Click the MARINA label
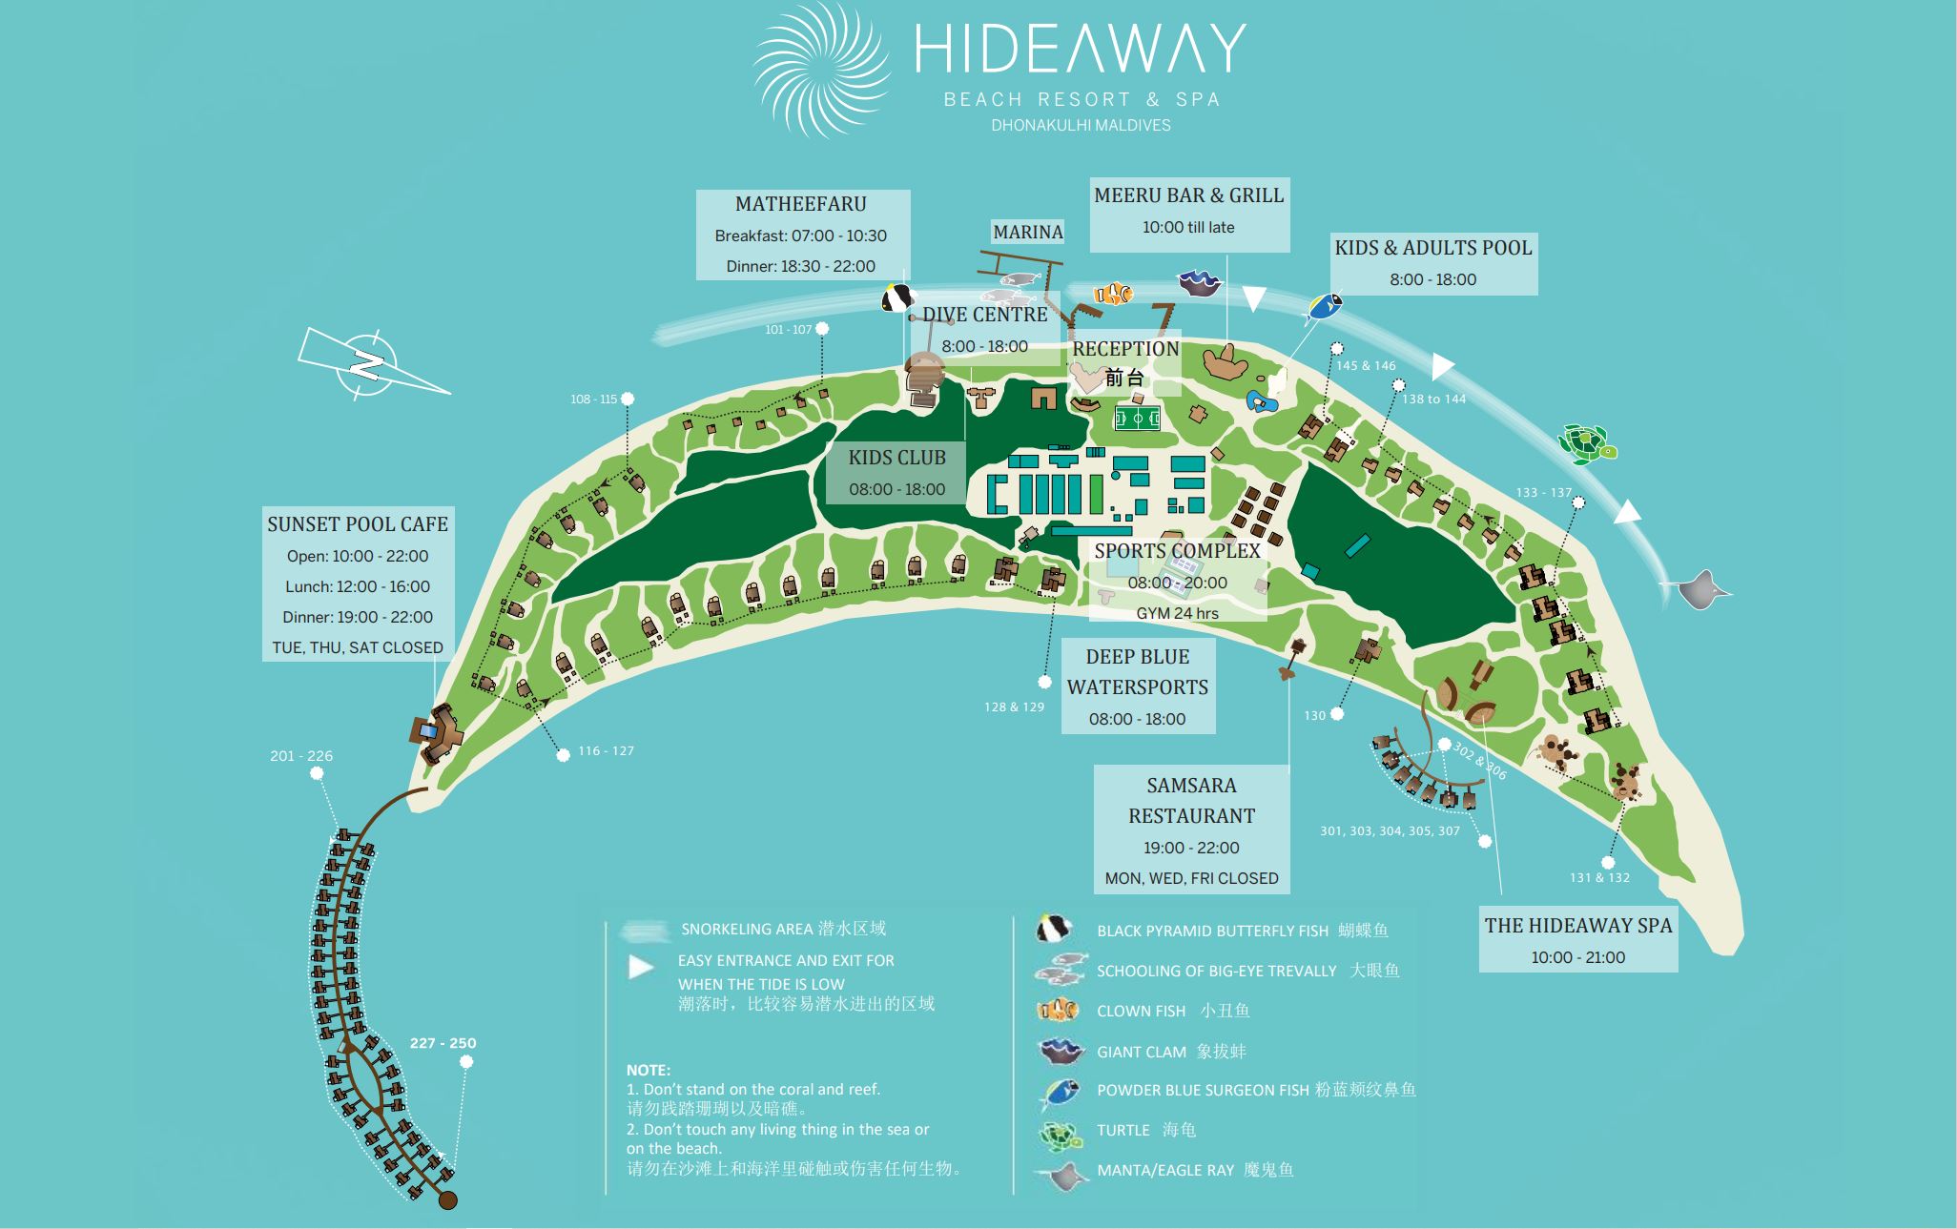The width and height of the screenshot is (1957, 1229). pos(1027,232)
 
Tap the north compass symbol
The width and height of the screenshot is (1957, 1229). pos(366,364)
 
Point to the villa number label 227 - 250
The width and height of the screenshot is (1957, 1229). pos(443,1043)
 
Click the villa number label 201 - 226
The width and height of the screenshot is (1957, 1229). pos(301,756)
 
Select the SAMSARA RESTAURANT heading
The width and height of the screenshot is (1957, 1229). pos(1191,800)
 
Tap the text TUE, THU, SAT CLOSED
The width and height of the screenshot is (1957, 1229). pos(358,647)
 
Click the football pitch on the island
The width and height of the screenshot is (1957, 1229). pos(1137,419)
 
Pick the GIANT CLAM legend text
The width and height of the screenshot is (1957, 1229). pos(1142,1052)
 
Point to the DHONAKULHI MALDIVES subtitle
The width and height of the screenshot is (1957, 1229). pos(1081,125)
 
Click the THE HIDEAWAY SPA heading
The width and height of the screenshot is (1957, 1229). pos(1577,925)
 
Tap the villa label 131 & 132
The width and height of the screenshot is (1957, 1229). pos(1599,877)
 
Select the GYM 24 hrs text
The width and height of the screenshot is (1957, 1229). pos(1177,613)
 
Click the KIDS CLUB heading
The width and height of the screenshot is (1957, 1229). pos(896,458)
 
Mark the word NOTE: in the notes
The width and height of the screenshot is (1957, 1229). pos(649,1070)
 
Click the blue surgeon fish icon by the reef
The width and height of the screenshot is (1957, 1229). pos(1324,306)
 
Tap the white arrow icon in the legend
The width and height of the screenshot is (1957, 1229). pos(641,967)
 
